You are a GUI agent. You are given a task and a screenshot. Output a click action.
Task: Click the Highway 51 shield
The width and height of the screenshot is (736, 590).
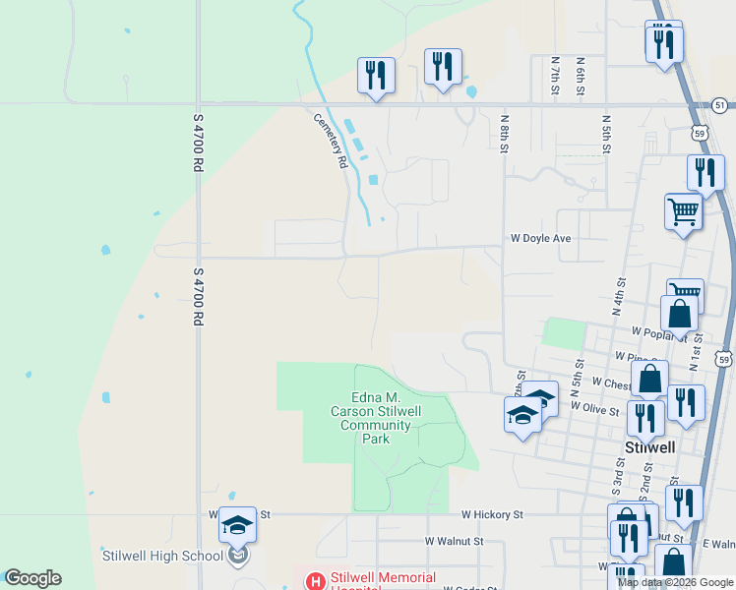coord(720,105)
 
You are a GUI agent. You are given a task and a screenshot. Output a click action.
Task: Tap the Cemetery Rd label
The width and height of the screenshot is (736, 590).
coord(332,140)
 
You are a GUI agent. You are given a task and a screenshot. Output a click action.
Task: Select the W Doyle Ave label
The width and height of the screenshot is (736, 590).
coord(540,238)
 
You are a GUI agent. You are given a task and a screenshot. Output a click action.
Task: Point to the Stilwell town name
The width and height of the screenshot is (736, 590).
coord(649,446)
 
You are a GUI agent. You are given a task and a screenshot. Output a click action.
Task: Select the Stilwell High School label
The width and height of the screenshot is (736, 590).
coord(162,556)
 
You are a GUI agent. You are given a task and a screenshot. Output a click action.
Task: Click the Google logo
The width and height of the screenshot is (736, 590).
coord(32,578)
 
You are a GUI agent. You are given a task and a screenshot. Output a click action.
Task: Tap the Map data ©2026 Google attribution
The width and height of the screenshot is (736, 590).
coord(676,582)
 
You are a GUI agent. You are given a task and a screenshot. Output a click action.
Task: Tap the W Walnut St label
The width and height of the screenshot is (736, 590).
coord(455,541)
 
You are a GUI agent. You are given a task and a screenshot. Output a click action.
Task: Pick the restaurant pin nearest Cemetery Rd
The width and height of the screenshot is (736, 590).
coord(376,75)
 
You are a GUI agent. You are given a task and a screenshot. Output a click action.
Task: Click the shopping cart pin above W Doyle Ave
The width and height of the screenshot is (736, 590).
coord(683,210)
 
